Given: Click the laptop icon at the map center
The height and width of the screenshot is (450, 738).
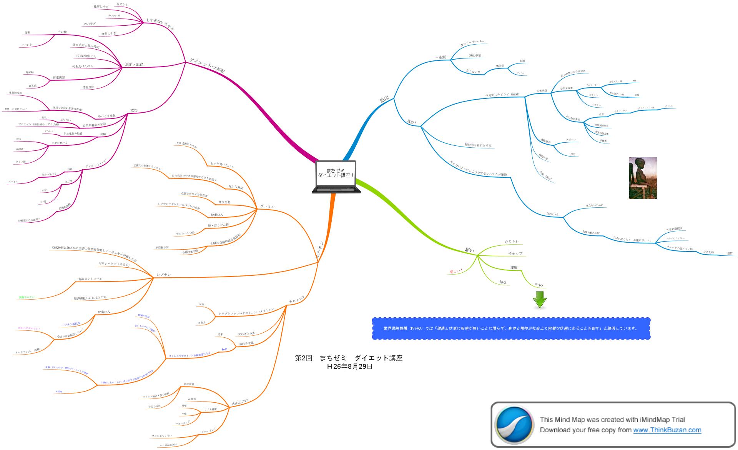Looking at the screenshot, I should pyautogui.click(x=336, y=177).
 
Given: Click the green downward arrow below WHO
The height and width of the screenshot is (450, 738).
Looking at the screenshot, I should pyautogui.click(x=540, y=300).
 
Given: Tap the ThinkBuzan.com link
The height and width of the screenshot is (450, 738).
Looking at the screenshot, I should pyautogui.click(x=667, y=430).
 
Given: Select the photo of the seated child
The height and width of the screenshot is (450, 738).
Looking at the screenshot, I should pyautogui.click(x=643, y=178).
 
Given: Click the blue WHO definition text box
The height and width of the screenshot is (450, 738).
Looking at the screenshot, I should pyautogui.click(x=511, y=328).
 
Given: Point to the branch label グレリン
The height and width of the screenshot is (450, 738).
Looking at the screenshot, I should pyautogui.click(x=268, y=207).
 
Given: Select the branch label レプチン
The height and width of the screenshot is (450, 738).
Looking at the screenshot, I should pyautogui.click(x=164, y=275).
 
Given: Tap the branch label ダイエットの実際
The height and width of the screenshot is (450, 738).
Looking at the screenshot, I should pyautogui.click(x=207, y=65).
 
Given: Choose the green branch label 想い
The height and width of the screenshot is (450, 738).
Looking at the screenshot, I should pyautogui.click(x=469, y=250).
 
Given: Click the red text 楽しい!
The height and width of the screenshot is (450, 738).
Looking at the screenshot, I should pyautogui.click(x=456, y=271).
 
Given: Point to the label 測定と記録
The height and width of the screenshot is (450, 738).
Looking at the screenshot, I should pyautogui.click(x=134, y=65).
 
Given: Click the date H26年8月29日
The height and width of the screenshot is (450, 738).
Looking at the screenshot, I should pyautogui.click(x=350, y=367).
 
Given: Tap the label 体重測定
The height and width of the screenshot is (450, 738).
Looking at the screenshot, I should pyautogui.click(x=59, y=78).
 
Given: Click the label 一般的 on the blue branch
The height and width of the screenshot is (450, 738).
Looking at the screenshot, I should pyautogui.click(x=441, y=57).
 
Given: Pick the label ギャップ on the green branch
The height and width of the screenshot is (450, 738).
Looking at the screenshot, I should pyautogui.click(x=515, y=253).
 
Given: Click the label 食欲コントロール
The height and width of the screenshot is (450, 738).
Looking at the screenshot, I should pyautogui.click(x=90, y=278).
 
